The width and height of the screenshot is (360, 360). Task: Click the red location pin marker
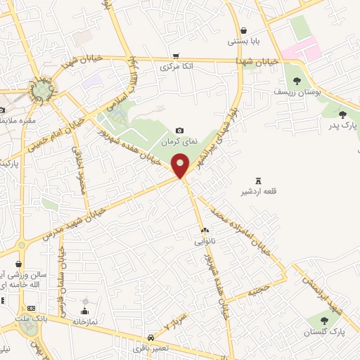(x=181, y=166)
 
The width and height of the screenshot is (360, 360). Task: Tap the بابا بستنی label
(x=243, y=41)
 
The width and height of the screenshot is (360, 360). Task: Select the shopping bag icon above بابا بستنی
(x=243, y=30)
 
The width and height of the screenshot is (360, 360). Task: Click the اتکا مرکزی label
(x=176, y=67)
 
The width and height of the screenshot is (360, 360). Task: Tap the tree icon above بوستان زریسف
(x=297, y=81)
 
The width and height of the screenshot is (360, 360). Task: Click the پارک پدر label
(x=342, y=126)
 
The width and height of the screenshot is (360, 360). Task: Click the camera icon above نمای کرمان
(x=180, y=131)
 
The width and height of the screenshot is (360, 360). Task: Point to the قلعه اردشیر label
(x=253, y=191)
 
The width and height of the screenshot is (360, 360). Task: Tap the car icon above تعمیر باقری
(x=151, y=337)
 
